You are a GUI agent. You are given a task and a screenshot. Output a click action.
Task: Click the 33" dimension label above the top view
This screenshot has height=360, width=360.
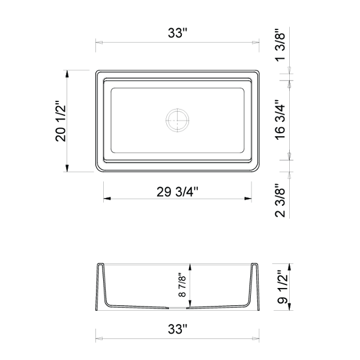pos(178,33)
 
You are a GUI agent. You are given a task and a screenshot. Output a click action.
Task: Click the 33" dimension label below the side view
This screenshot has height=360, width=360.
pos(178,329)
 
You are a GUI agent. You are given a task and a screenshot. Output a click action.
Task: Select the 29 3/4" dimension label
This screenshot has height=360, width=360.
pos(177,192)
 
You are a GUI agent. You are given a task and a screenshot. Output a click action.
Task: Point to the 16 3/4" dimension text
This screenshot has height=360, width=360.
pos(280,119)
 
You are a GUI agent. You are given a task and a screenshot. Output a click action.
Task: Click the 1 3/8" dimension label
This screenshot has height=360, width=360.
pos(280,45)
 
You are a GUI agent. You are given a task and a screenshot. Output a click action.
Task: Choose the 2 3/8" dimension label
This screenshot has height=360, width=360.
pos(280,200)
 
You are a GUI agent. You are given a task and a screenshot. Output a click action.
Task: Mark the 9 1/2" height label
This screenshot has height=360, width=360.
pos(282,287)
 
